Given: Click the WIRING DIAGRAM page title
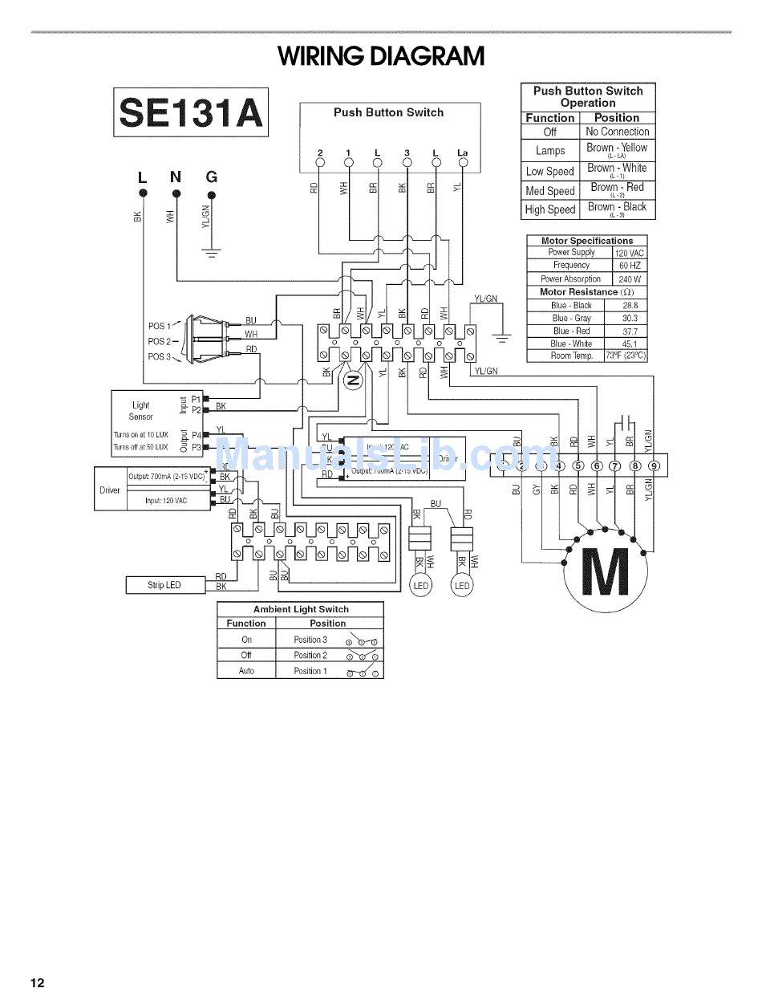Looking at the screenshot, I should (381, 56).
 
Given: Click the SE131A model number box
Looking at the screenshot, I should (191, 112).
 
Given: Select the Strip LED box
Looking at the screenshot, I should (164, 585).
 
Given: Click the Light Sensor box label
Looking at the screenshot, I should (141, 411).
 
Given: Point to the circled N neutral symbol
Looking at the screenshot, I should (352, 381).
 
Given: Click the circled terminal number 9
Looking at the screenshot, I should (655, 465).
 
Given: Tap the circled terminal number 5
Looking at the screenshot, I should (578, 465).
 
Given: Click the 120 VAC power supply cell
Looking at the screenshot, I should (630, 253).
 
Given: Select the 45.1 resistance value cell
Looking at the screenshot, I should (630, 344).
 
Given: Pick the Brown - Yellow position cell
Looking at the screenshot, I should (616, 149).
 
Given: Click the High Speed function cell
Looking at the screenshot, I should (550, 209).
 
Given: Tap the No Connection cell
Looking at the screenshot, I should (617, 132).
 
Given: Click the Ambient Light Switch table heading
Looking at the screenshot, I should (301, 609).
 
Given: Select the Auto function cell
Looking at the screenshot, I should (246, 671).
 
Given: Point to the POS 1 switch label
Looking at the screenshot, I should (159, 326).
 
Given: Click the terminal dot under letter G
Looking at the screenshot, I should (211, 193).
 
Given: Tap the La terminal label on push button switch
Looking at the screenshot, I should (462, 152).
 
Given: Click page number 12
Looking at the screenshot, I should (37, 983).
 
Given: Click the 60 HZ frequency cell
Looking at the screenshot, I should (630, 266).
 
